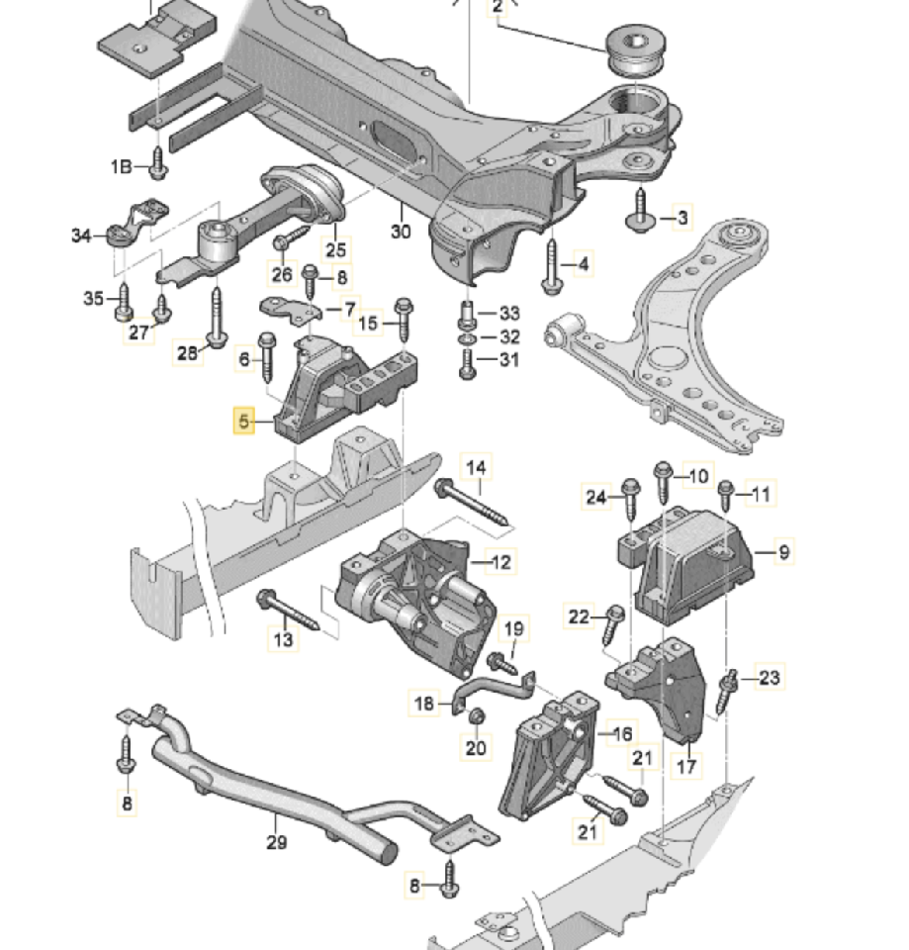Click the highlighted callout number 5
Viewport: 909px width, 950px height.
[x=243, y=422]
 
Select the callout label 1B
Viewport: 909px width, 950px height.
[x=121, y=167]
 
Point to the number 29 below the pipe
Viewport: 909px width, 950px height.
[x=276, y=842]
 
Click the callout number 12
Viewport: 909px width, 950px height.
[x=501, y=563]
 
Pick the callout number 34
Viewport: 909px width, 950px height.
[x=81, y=236]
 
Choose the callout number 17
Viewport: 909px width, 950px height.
[x=684, y=765]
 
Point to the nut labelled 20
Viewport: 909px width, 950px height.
[x=476, y=717]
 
